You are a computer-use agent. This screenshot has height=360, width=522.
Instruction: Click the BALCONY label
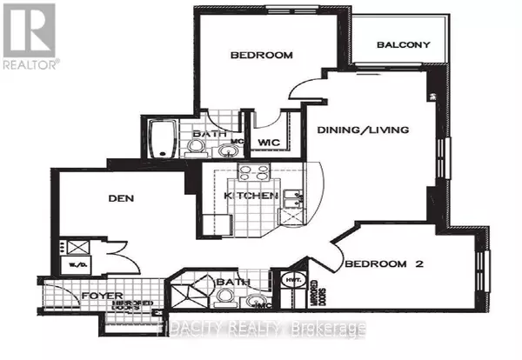(405, 45)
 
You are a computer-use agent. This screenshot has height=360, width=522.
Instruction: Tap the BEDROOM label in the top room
(261, 56)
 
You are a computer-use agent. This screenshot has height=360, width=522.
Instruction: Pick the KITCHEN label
(251, 197)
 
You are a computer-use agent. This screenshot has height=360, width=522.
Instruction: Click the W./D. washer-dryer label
(69, 266)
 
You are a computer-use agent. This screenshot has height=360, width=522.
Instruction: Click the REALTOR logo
(30, 36)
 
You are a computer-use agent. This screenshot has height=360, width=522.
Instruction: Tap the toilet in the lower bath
(226, 299)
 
